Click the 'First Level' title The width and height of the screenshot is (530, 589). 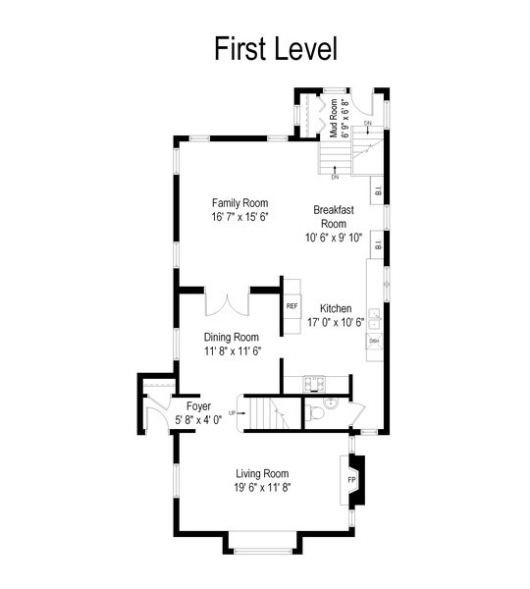[275, 48]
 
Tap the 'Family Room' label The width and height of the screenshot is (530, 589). [239, 203]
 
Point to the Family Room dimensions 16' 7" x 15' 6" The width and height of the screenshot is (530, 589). [239, 216]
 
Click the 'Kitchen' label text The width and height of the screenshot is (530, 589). [336, 308]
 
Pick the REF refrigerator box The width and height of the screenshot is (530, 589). [291, 306]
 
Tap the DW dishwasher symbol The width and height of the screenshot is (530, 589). [374, 342]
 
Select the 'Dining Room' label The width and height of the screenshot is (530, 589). [232, 337]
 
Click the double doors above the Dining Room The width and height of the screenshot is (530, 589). [228, 302]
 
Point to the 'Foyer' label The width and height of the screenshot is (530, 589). [198, 405]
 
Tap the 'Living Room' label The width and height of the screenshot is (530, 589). [262, 473]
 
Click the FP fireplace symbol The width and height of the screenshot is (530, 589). [352, 480]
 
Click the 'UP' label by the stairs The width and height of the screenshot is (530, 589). [232, 412]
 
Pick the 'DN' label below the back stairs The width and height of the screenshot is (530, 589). [335, 177]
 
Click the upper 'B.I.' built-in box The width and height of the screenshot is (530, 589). [376, 188]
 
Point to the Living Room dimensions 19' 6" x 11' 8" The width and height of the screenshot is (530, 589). [262, 486]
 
